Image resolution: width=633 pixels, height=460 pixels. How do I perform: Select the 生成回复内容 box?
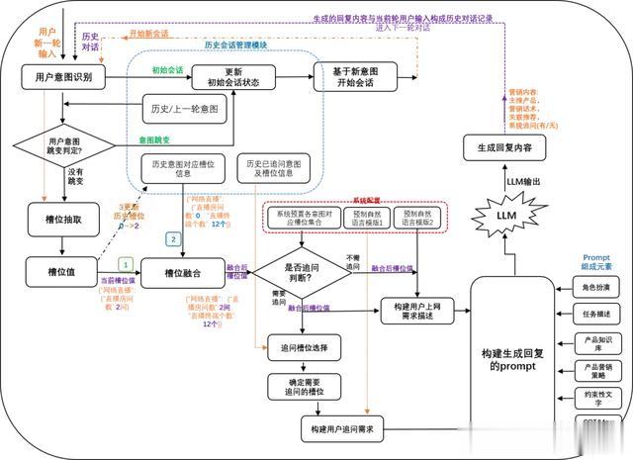click(506, 148)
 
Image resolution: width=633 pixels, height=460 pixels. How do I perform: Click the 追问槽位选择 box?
click(305, 347)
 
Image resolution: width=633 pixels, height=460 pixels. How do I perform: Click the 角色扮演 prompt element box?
click(597, 287)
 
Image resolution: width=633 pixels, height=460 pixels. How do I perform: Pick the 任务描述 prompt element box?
click(597, 315)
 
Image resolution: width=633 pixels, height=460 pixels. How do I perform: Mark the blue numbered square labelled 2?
click(173, 238)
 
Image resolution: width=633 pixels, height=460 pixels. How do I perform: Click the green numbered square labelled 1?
click(125, 263)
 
